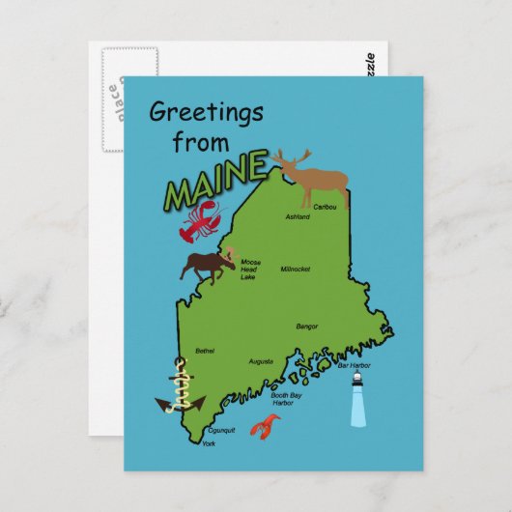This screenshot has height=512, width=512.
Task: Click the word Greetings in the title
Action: [x=207, y=114]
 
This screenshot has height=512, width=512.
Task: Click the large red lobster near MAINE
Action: [x=199, y=220]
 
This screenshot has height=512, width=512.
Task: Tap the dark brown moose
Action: [x=208, y=265]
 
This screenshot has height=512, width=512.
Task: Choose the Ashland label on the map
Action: [x=298, y=217]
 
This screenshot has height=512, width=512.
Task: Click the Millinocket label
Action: [x=296, y=269]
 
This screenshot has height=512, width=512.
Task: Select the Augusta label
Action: [x=261, y=361]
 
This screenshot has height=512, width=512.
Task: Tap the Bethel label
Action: [x=205, y=351]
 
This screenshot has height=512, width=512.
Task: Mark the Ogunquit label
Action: [x=222, y=431]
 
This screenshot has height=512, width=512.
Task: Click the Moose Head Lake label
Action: [x=249, y=269]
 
